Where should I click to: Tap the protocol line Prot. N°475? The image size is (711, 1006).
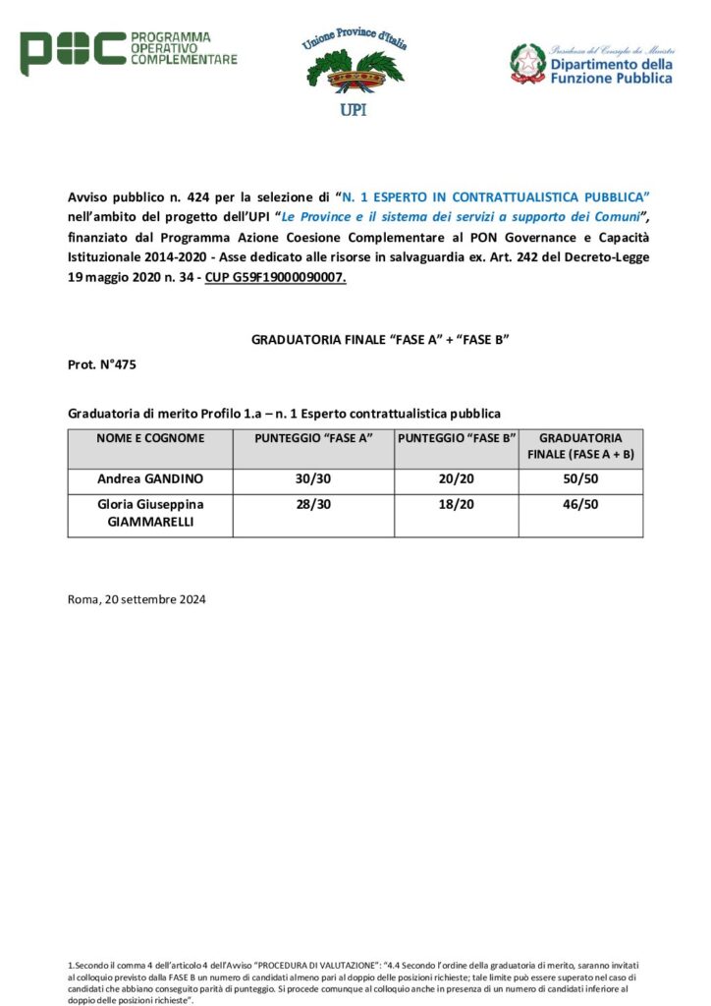(102, 364)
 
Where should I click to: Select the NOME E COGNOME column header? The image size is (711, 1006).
(150, 438)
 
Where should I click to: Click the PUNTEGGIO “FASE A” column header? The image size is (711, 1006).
(313, 438)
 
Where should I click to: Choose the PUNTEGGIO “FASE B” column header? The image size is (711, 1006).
(457, 438)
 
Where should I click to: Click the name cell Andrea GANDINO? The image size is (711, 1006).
(150, 480)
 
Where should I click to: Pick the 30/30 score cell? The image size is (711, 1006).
(313, 480)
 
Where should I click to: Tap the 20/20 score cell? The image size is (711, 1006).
(457, 480)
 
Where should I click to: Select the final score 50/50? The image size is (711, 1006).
(580, 480)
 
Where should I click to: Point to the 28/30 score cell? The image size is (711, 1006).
(313, 505)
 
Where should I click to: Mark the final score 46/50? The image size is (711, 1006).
(580, 505)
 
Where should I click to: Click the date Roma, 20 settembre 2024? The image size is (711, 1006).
(137, 598)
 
